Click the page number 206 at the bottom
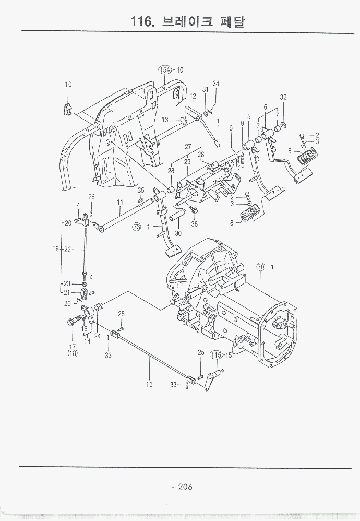point(185,487)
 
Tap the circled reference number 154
point(165,70)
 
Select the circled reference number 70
point(262,267)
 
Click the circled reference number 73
point(137,227)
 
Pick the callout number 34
point(215,84)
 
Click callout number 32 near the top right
point(283,97)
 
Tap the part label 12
point(193,96)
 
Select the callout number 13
point(165,120)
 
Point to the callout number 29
point(187,162)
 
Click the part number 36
point(194,224)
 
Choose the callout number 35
point(140,190)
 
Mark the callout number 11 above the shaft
point(119,202)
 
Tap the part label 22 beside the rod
point(67,250)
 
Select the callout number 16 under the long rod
point(149,384)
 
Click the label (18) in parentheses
point(72,353)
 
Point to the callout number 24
point(98,336)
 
